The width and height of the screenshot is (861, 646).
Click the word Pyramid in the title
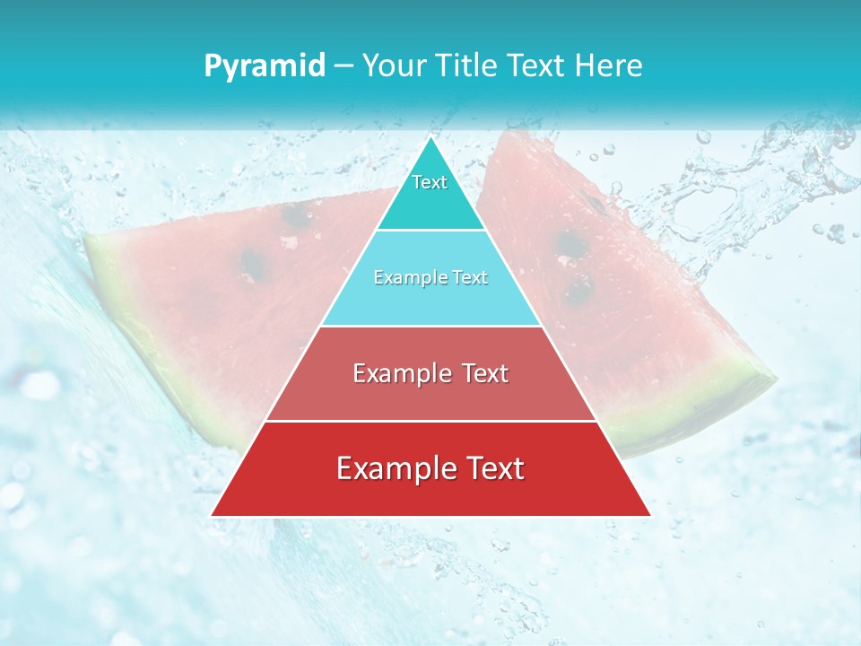265,66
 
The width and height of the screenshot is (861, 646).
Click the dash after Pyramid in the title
343,66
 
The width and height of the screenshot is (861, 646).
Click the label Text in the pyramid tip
430,182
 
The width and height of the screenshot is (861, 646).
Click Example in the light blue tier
403,278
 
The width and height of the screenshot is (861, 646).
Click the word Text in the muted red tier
485,373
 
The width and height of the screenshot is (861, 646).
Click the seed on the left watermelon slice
254,263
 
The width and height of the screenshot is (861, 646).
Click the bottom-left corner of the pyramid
212,515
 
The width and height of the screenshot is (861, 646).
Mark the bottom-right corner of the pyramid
650,515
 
